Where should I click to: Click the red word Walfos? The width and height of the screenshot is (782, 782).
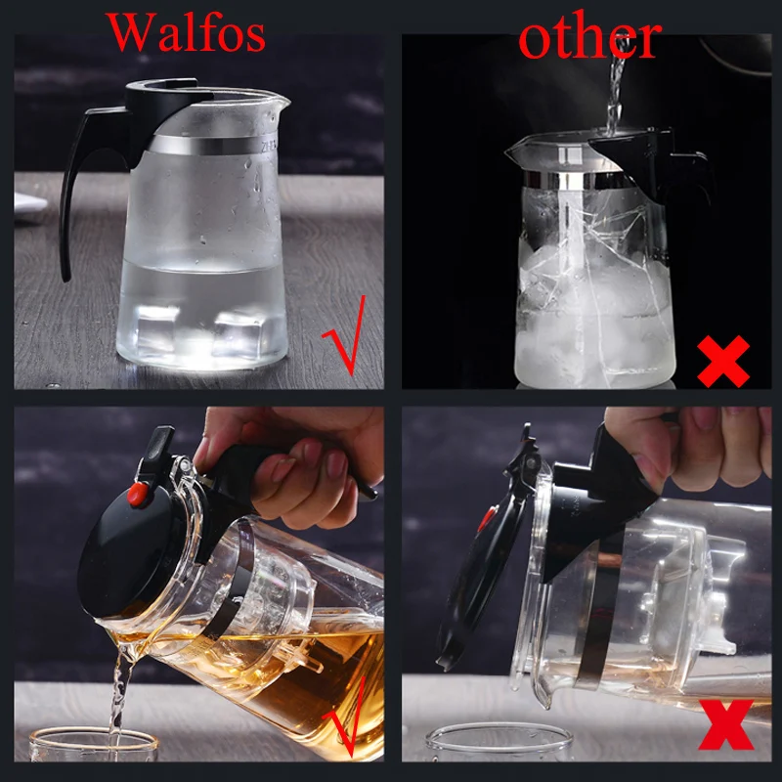coord(185,33)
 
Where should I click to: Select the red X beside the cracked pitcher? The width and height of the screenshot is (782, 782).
coord(723,361)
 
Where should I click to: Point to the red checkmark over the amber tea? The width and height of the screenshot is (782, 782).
coord(347,718)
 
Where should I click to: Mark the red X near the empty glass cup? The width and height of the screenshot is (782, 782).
coord(726,724)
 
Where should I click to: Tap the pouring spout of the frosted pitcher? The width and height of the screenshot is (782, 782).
coord(280,104)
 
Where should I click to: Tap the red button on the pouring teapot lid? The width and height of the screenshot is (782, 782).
coord(138,495)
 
